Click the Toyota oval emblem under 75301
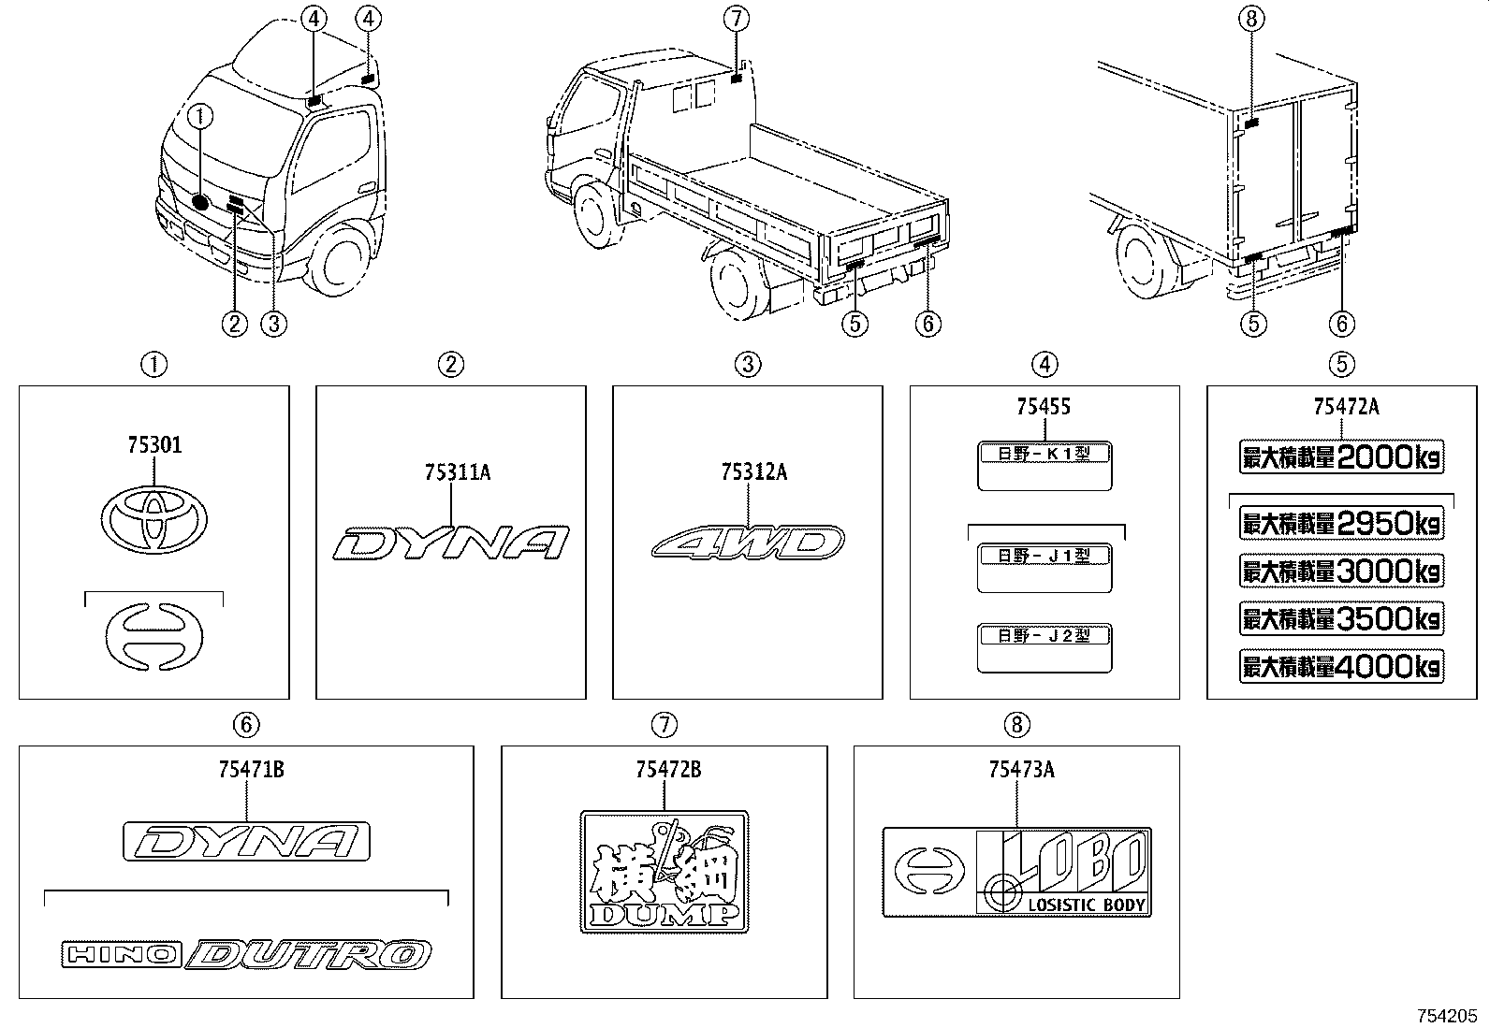153,517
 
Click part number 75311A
457,472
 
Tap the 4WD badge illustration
747,543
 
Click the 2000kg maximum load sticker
1341,457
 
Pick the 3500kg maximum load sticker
1341,618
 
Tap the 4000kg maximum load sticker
1341,666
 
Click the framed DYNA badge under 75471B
246,841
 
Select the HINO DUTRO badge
246,955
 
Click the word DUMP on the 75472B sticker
664,914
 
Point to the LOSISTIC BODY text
1087,905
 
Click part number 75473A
1021,769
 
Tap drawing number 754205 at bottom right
1447,1015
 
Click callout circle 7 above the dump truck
737,17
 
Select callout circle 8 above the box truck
1254,17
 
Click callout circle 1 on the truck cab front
201,116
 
